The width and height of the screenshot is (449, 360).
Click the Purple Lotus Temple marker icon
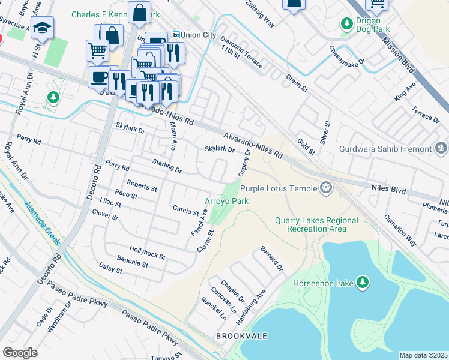[326, 188]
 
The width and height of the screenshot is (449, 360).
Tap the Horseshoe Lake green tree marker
[362, 282]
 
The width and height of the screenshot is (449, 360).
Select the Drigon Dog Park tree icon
[346, 24]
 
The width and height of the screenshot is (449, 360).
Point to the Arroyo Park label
[226, 202]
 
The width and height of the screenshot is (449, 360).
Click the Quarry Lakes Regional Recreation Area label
[316, 224]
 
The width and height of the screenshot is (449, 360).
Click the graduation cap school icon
[43, 28]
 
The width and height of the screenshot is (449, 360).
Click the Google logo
[20, 353]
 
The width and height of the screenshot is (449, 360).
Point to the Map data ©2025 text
[424, 355]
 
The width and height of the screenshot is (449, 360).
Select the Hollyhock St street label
[147, 252]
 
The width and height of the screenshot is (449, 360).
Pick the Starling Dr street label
[167, 166]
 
